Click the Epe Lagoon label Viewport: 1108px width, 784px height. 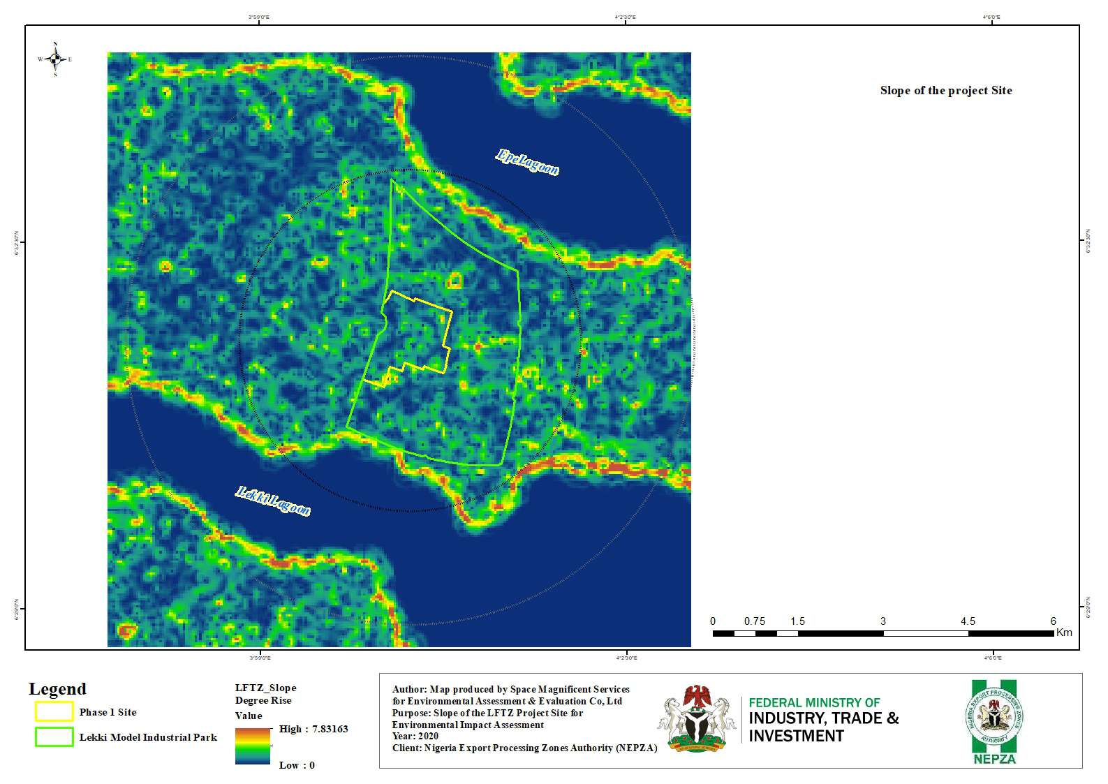(x=527, y=162)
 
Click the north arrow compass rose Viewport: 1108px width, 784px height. (x=55, y=59)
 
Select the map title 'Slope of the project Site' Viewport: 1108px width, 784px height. (x=945, y=91)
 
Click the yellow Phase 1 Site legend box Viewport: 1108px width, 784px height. (x=54, y=711)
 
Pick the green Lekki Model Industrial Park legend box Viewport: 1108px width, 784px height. (x=54, y=737)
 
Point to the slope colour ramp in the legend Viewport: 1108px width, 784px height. (x=253, y=746)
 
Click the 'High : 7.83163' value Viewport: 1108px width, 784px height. (x=313, y=729)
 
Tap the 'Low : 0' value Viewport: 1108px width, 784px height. (x=297, y=765)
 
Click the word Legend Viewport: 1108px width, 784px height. (x=57, y=689)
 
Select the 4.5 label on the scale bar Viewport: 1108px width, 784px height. (x=967, y=621)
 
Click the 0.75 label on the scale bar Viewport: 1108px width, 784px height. (x=754, y=621)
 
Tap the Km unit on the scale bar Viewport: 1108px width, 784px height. (x=1064, y=633)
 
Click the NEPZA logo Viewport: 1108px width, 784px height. (x=994, y=722)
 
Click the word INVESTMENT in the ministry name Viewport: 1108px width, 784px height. (x=796, y=736)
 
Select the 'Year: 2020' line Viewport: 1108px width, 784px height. (x=415, y=736)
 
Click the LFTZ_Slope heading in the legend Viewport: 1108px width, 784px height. (x=265, y=688)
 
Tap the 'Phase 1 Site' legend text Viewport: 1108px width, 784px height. (x=108, y=712)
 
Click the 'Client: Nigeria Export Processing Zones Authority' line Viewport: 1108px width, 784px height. (x=524, y=748)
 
